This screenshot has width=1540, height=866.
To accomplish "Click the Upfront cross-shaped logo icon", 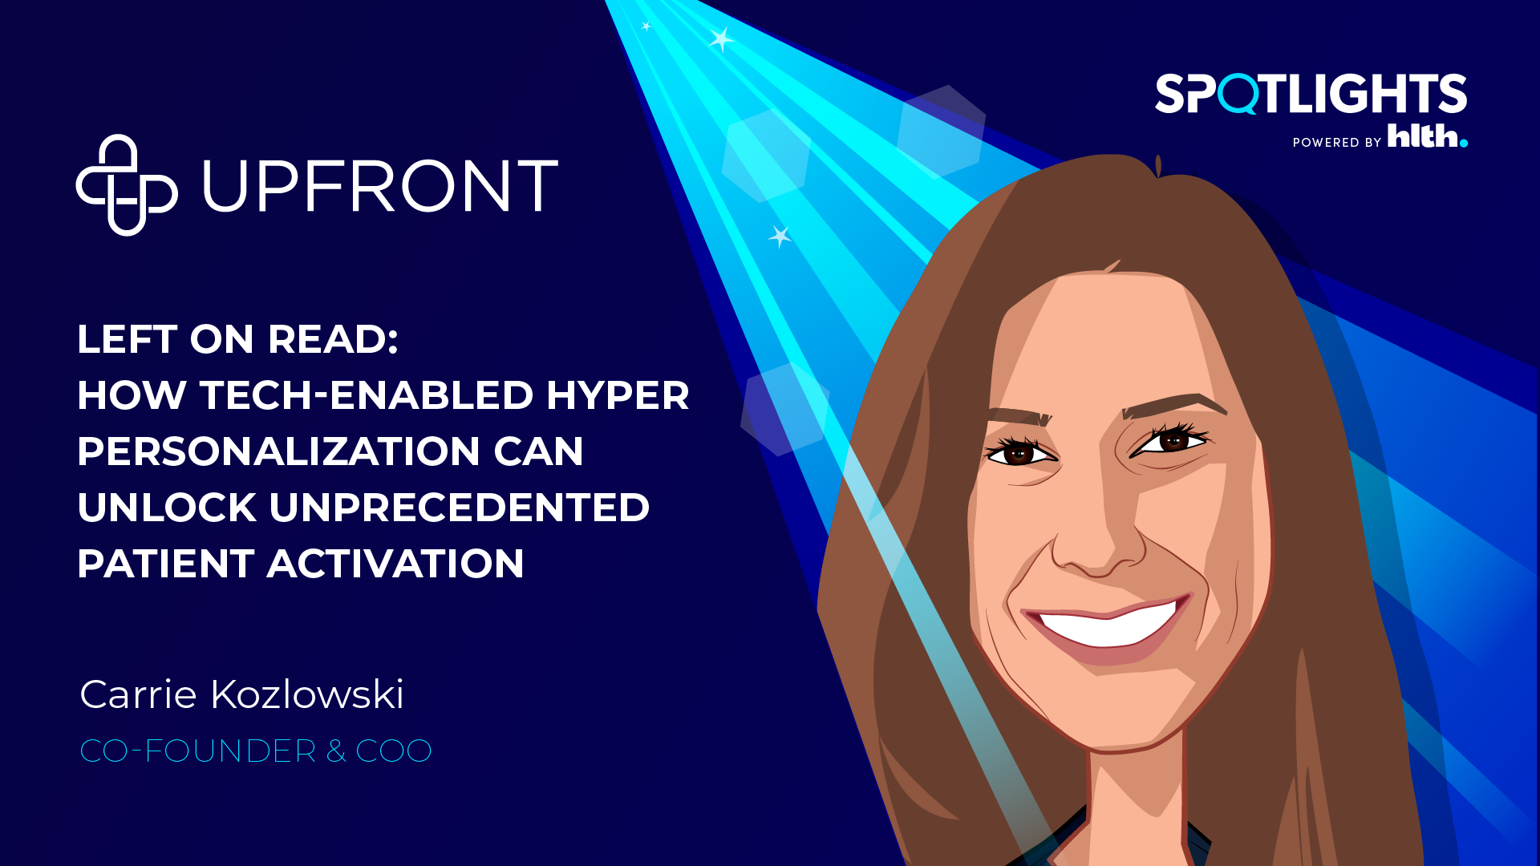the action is pos(127,185).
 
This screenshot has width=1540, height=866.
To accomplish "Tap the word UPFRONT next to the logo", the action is pos(380,186).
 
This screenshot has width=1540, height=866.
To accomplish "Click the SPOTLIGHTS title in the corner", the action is pos(1311,94).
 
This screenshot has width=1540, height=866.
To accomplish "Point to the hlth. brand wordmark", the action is pos(1428,136).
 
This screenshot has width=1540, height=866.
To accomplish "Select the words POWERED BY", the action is pos(1337,142).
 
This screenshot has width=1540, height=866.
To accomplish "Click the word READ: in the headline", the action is pos(333,339).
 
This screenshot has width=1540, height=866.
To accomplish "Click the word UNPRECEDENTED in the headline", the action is pos(459,508).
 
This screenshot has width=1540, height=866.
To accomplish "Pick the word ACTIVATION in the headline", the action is pos(395,564).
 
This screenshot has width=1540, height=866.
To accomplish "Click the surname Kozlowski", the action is pos(306,694).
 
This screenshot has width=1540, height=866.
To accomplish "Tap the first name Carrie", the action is pos(138,694).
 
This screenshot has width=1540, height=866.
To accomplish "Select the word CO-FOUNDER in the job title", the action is pos(198,751).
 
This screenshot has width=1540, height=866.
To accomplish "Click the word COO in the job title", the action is pos(394,751).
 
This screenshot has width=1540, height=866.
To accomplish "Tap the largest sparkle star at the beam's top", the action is pos(721,38).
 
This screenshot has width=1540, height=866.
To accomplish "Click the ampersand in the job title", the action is pos(336,751).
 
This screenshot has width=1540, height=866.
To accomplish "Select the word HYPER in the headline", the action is pos(618,395).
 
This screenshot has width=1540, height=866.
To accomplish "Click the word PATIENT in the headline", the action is pos(166,564).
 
